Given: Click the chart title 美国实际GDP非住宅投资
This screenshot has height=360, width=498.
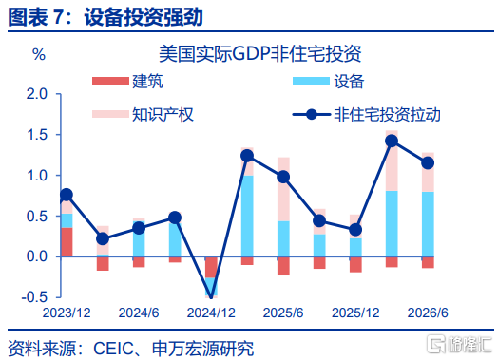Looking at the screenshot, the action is (x=259, y=53).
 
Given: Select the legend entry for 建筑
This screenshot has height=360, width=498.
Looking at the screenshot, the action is (x=127, y=82).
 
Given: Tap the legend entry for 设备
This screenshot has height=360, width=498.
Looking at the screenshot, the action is (x=328, y=82).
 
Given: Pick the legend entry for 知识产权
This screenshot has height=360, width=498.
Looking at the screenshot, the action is (x=143, y=114).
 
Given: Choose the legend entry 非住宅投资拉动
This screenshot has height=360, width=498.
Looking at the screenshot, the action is (x=366, y=114).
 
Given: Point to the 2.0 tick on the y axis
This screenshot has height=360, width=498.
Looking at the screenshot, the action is (x=37, y=94).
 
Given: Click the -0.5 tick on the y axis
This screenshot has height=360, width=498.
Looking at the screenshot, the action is (x=34, y=297).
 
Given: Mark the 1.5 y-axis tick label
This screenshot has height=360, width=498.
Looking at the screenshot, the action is (x=37, y=135).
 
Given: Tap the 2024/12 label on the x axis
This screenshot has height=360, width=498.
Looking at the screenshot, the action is (x=211, y=313).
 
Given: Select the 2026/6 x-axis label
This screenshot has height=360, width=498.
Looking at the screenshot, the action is (x=428, y=313).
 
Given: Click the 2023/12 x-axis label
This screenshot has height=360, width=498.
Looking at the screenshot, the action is (x=67, y=313).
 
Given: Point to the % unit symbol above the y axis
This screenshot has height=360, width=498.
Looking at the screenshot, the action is (x=39, y=54).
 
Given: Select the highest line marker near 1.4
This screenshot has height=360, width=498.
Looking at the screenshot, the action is (x=392, y=141).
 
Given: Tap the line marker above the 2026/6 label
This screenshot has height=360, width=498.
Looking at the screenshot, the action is (x=428, y=163).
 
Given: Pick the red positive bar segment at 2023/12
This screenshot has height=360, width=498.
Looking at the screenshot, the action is (x=67, y=242).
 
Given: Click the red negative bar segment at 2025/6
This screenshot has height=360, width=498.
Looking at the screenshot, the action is (x=283, y=266).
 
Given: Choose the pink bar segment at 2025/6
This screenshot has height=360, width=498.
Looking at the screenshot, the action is (x=283, y=189).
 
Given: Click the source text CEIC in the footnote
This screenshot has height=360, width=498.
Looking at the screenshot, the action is (x=113, y=349).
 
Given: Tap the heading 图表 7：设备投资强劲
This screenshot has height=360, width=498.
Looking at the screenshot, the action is (x=105, y=17).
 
